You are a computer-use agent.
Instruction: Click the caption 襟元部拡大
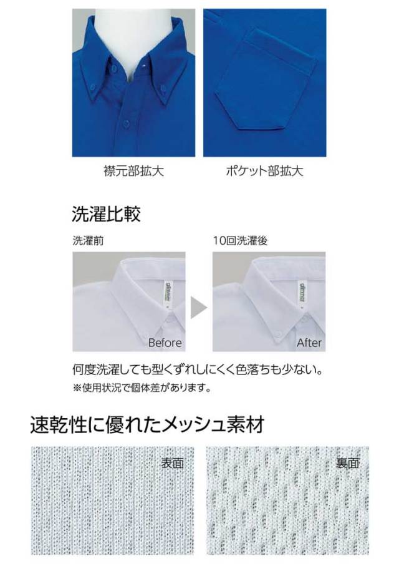tap(133, 171)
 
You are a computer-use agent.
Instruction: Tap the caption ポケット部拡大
tap(264, 171)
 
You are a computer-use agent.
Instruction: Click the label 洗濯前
tap(88, 241)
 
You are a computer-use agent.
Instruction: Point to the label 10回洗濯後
tap(240, 241)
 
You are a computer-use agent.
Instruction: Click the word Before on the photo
tap(165, 343)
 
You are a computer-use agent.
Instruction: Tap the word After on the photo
tap(309, 343)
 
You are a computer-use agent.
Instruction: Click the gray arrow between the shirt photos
tap(198, 308)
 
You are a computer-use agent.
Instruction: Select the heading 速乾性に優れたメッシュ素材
tap(148, 424)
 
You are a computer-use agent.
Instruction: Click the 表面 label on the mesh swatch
tap(173, 463)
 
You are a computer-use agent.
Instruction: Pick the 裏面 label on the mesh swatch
tap(348, 463)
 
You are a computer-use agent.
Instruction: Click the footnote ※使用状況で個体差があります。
tap(142, 388)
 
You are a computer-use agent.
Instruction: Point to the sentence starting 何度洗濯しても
tap(198, 370)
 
